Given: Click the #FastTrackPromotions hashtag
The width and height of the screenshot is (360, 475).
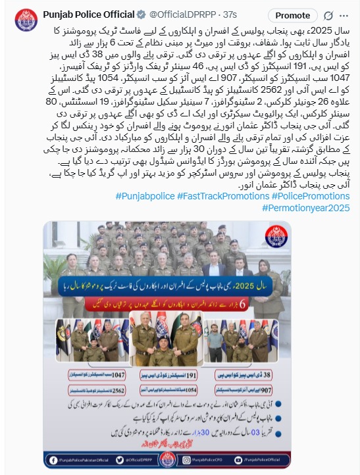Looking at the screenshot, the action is (219, 197).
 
